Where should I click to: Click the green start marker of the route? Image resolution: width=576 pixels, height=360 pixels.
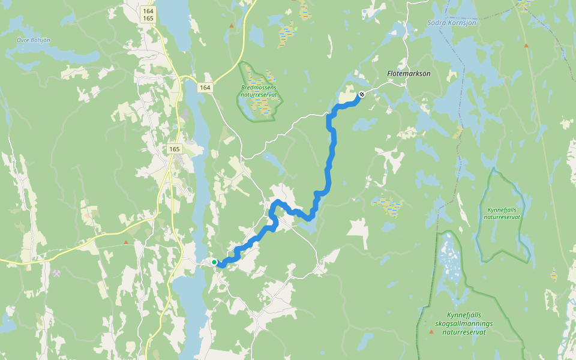(214, 262)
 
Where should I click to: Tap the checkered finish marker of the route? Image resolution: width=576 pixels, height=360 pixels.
(362, 94)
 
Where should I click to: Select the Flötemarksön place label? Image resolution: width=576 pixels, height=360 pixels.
(409, 73)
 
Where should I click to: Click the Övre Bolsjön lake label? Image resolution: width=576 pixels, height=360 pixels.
(34, 40)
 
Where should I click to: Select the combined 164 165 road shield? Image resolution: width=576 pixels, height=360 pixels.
(148, 15)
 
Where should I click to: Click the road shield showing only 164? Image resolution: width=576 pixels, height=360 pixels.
(205, 88)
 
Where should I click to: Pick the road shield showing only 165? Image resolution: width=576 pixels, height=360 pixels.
(174, 149)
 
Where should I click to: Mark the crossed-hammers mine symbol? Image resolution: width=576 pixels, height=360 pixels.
(56, 273)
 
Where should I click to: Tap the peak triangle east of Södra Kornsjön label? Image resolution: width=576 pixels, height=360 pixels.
(526, 45)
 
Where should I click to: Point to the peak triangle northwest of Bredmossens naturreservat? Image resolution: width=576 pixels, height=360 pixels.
(232, 26)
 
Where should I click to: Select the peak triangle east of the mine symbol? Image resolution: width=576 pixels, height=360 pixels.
(125, 242)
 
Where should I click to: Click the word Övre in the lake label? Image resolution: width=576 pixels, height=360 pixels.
(25, 40)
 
